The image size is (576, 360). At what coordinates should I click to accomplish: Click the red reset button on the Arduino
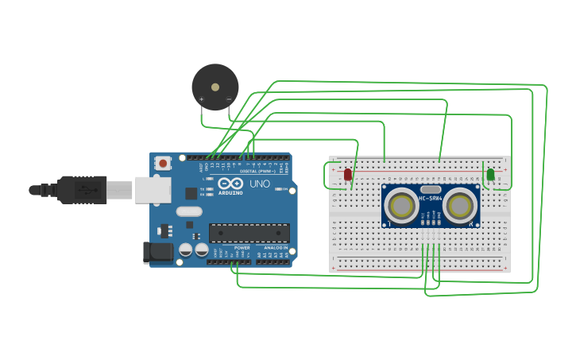point(164,163)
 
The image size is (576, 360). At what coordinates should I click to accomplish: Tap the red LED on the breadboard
point(348,174)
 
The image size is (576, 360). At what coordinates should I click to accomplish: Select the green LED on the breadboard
point(490,174)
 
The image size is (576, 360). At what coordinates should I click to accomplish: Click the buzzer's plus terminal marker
point(202,99)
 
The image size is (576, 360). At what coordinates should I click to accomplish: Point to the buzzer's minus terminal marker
point(229,99)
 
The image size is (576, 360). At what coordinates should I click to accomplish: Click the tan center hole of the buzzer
point(215,87)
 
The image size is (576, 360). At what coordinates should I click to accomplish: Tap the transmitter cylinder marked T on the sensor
point(402,207)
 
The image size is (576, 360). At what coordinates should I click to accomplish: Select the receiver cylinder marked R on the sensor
point(460,207)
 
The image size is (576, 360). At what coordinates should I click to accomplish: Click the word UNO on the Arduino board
point(260,184)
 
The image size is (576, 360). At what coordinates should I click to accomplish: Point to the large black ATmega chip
point(249,233)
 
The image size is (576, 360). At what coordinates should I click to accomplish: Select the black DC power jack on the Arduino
point(157,253)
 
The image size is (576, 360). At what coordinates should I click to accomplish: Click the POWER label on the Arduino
point(242,248)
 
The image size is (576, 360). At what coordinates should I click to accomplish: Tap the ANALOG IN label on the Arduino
point(275,248)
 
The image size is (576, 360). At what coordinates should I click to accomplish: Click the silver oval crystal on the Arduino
point(189,211)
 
